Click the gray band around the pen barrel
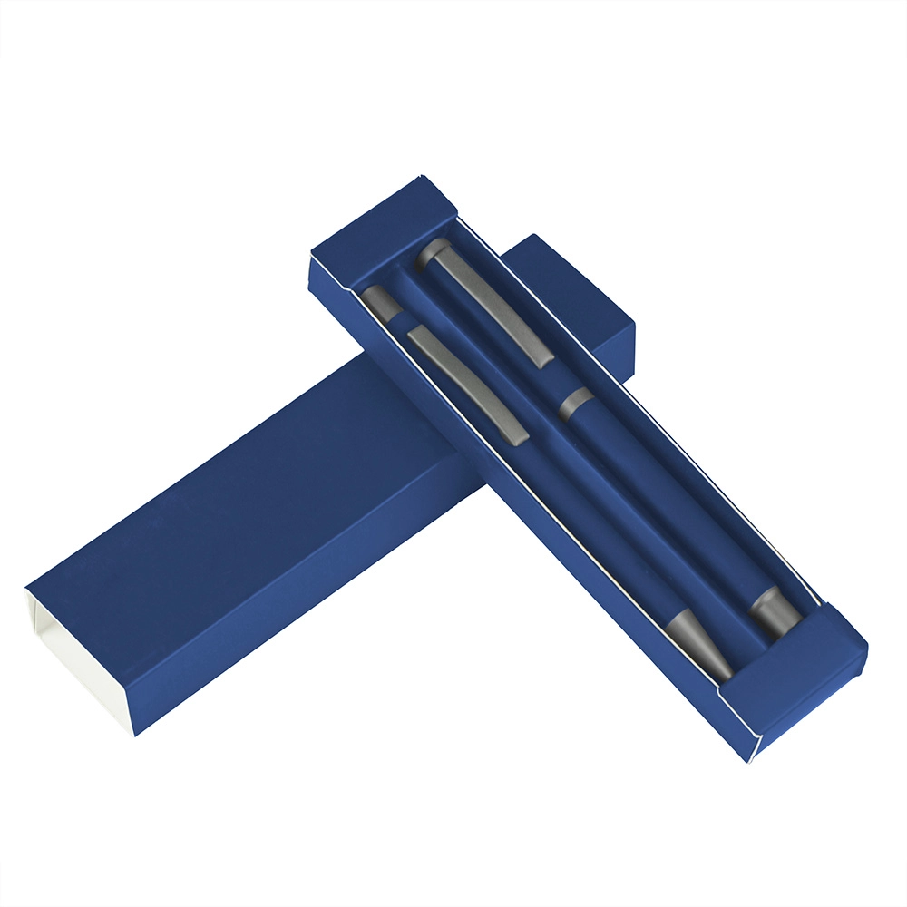(575, 403)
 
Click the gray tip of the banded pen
(776, 614)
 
